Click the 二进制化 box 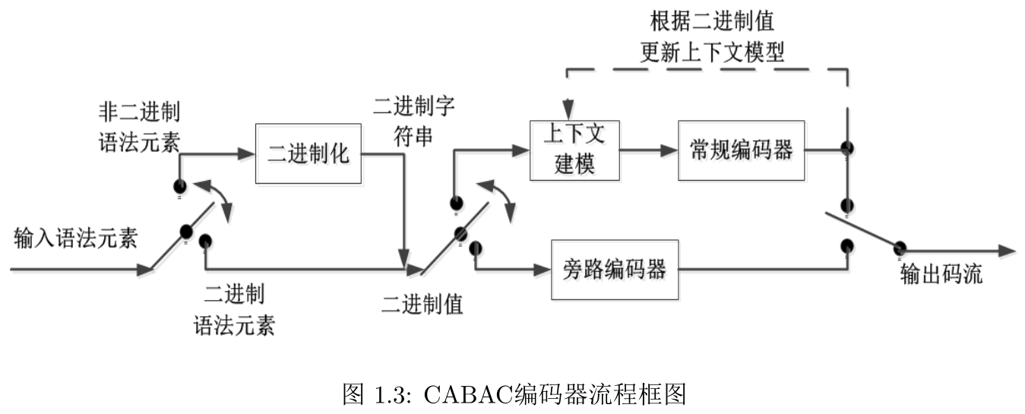coord(308,153)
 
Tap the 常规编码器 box coord(741,150)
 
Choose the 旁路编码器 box coord(614,268)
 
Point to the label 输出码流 coord(941,273)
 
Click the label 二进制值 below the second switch coord(422,304)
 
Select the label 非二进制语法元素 coord(140,127)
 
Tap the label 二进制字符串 coord(413,120)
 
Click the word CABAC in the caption coord(472,394)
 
